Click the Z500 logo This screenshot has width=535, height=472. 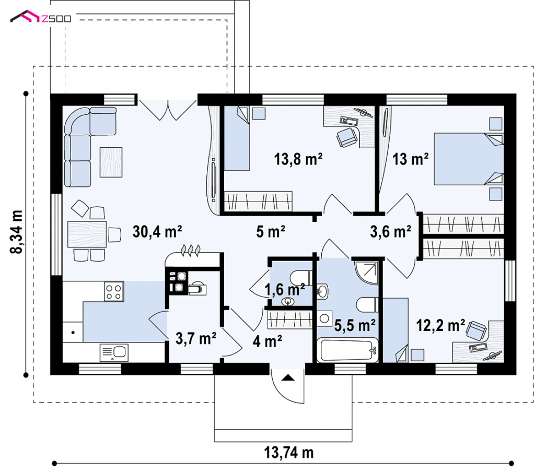(41, 17)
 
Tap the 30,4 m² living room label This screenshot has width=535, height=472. (157, 232)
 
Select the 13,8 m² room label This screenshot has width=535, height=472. (298, 159)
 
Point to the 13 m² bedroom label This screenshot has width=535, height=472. (411, 159)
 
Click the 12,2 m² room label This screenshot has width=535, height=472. (440, 325)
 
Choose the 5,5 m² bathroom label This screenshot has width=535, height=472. (355, 325)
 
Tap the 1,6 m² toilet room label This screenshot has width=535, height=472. (285, 290)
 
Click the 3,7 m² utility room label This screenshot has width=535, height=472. (196, 338)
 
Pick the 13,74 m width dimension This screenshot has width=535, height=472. (288, 453)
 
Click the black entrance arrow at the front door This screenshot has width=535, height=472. (288, 377)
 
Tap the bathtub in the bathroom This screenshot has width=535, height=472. (347, 350)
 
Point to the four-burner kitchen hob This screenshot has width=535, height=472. (113, 291)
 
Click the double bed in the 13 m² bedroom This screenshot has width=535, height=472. (469, 159)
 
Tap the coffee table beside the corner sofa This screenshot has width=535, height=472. (111, 162)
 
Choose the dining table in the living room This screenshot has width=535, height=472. (87, 234)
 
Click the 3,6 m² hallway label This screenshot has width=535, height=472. (391, 232)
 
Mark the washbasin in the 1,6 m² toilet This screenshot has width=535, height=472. (288, 301)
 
